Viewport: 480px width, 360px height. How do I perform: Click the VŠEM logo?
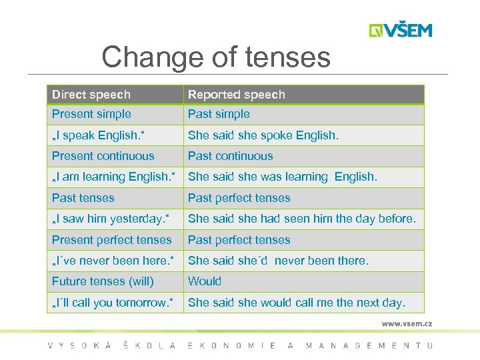[x=401, y=30]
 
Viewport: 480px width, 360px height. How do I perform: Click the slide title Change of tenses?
[x=215, y=57]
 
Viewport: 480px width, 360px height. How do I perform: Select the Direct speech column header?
[x=91, y=95]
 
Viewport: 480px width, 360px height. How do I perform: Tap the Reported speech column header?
[x=236, y=95]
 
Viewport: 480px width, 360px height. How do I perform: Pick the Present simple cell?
[x=91, y=114]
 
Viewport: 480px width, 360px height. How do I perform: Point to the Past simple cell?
[x=219, y=114]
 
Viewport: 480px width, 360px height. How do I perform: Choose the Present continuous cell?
[x=103, y=156]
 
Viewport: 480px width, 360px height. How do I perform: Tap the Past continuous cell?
[x=230, y=156]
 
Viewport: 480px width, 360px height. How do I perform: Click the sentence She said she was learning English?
[x=283, y=177]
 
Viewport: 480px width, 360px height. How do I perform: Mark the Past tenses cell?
[x=83, y=198]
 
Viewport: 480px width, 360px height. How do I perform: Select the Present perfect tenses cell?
[x=111, y=240]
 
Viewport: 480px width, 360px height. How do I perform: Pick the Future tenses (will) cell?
[x=103, y=281]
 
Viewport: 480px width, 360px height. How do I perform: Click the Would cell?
[x=204, y=281]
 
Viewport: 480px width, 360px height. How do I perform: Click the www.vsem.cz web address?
[x=407, y=323]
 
